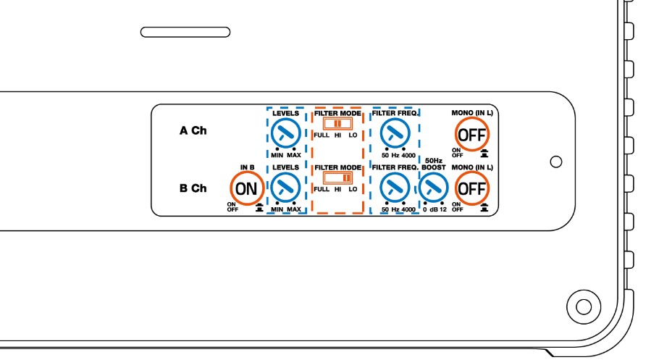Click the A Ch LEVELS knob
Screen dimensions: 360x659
[x=286, y=133]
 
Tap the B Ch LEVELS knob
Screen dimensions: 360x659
[x=286, y=188]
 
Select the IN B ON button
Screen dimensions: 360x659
[x=247, y=188]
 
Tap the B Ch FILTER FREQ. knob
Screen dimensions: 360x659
[x=394, y=188]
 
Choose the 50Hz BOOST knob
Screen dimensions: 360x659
[x=434, y=188]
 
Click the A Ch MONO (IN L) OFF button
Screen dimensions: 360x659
[x=471, y=133]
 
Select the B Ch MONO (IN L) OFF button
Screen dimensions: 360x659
[x=471, y=188]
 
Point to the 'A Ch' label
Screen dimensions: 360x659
[x=193, y=132]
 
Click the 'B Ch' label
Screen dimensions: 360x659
[x=193, y=188]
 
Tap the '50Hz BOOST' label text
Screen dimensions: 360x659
[x=434, y=164]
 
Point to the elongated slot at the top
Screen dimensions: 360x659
[x=185, y=32]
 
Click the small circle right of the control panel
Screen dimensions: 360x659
[x=556, y=160]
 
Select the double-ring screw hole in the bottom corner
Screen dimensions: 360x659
[x=583, y=304]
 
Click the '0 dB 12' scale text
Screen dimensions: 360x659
[x=435, y=209]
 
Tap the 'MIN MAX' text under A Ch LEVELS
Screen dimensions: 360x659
[x=286, y=154]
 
